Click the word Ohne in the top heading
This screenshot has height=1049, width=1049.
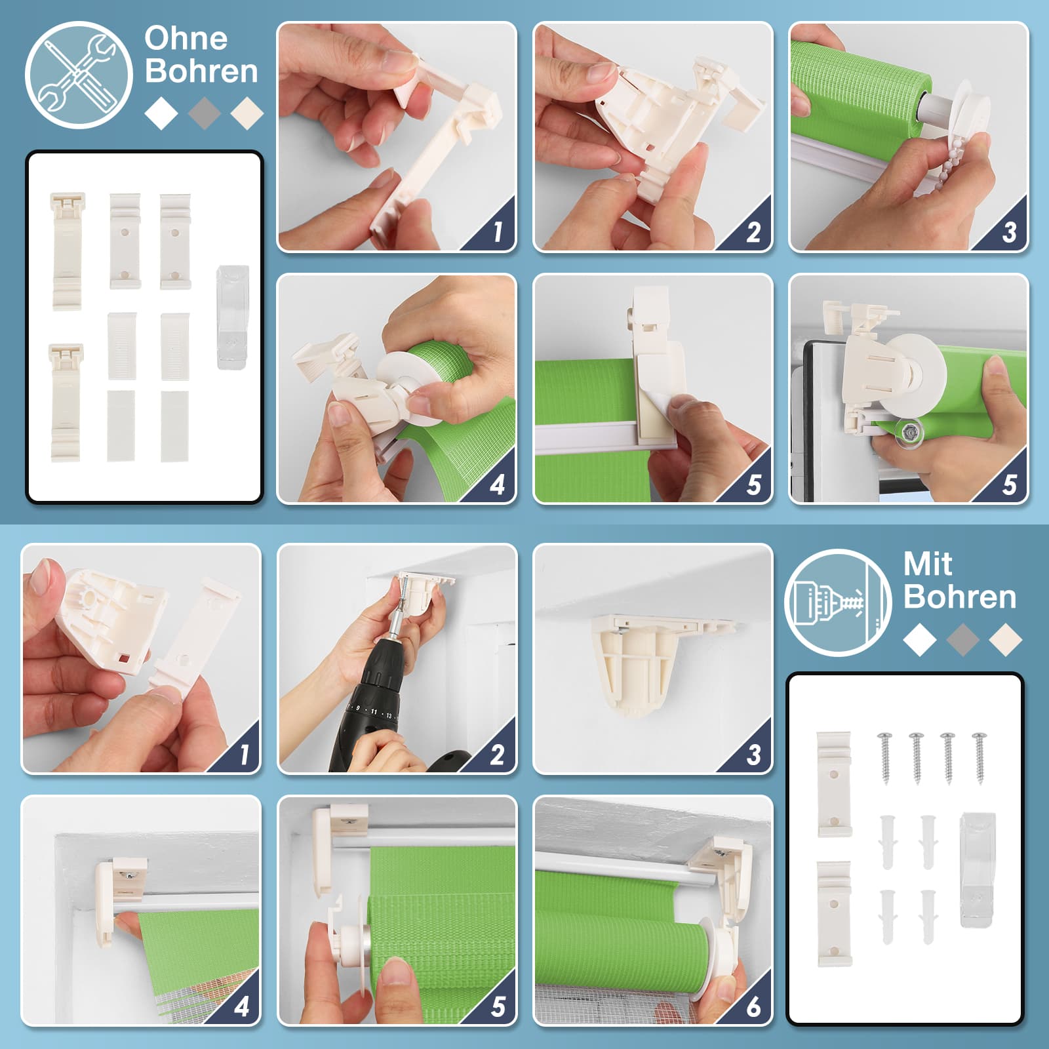pyautogui.click(x=186, y=39)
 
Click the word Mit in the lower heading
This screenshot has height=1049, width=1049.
pyautogui.click(x=928, y=564)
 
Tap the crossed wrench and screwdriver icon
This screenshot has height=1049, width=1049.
pyautogui.click(x=78, y=75)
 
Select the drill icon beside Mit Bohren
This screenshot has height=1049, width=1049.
pyautogui.click(x=838, y=602)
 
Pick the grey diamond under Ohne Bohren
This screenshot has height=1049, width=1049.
pyautogui.click(x=204, y=113)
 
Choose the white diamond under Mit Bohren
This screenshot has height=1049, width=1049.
pyautogui.click(x=919, y=639)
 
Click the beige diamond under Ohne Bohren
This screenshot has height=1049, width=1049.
pyautogui.click(x=247, y=113)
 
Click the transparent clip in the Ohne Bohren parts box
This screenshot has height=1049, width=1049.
pyautogui.click(x=232, y=317)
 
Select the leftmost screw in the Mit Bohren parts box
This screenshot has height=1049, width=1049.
pyautogui.click(x=885, y=757)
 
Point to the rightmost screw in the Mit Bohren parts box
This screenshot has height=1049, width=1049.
pyautogui.click(x=980, y=757)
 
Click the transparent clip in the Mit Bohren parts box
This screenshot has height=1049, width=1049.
pyautogui.click(x=977, y=869)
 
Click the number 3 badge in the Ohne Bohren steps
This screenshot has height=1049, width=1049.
pyautogui.click(x=1010, y=232)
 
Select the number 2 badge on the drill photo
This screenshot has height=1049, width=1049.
pyautogui.click(x=497, y=755)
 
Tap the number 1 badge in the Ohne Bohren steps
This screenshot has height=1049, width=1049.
pyautogui.click(x=498, y=231)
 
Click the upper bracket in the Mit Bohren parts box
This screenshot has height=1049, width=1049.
pyautogui.click(x=834, y=784)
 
